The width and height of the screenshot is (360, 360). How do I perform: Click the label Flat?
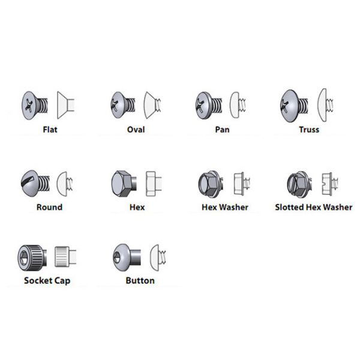coord(50,130)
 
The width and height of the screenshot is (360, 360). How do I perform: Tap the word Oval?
coord(136,130)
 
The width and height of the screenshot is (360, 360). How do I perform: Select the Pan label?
coord(222,130)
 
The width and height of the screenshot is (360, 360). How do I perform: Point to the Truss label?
coord(310,130)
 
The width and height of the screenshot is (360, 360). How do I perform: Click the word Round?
coord(49,208)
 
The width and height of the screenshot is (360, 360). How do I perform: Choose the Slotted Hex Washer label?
coord(313,208)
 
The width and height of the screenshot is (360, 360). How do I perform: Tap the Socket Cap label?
coord(47,280)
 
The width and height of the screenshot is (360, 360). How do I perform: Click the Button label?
coord(140,280)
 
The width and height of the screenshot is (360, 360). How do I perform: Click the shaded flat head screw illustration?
coord(35,104)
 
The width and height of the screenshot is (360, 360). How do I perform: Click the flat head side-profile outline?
coord(65,105)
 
